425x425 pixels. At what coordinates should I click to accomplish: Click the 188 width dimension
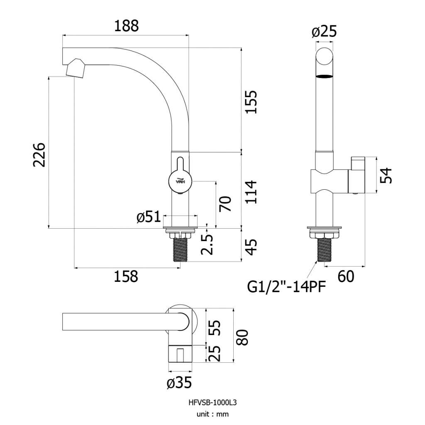click(126, 26)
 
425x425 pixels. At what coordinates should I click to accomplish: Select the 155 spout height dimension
click(251, 102)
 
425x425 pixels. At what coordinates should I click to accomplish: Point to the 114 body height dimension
click(251, 192)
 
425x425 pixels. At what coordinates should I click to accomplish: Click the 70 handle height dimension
click(225, 203)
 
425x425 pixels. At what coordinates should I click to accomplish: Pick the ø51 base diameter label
click(148, 217)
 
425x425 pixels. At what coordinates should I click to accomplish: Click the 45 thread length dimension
click(251, 247)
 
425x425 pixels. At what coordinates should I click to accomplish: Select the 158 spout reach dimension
click(126, 276)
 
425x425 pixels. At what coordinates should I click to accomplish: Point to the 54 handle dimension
click(386, 176)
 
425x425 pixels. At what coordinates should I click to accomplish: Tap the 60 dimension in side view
click(346, 276)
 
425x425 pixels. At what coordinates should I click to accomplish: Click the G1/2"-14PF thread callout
click(286, 286)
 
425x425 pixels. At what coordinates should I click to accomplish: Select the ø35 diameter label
click(179, 383)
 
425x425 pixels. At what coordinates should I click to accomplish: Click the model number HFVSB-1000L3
click(212, 403)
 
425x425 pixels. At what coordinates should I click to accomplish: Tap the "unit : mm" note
click(212, 414)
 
